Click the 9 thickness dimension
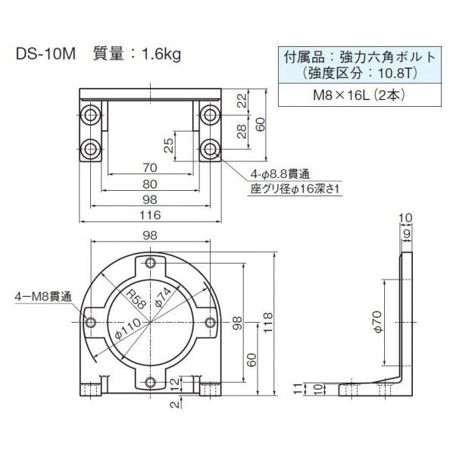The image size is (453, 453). (407, 234)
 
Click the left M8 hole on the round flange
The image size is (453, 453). (92, 323)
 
